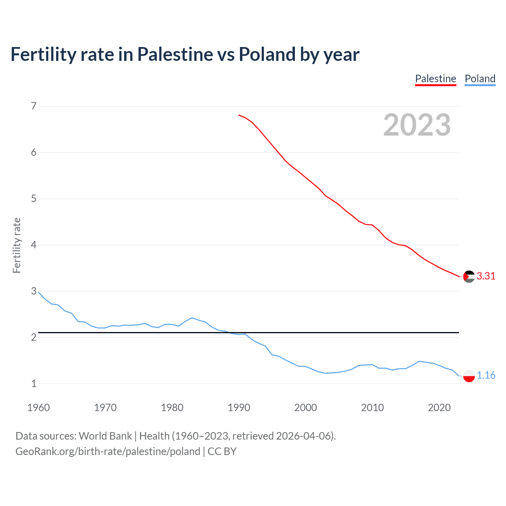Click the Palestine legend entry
coord(436,79)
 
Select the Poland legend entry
coord(480,79)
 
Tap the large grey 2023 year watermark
coord(417,125)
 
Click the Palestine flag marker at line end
coord(469,277)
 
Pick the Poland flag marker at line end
coord(469,376)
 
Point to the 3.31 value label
coord(486,276)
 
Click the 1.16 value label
coord(486,375)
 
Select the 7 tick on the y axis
coord(34,106)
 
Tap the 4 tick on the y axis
coord(34,245)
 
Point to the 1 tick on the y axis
coord(34,383)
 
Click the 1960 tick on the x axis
coord(38,408)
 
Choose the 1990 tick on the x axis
coord(239,408)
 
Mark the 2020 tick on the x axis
coord(439,408)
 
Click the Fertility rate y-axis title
coord(17,245)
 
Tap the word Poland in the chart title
coord(267,55)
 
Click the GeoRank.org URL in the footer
coord(108,451)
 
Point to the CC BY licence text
coord(222,451)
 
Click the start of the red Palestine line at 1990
coord(239,115)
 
